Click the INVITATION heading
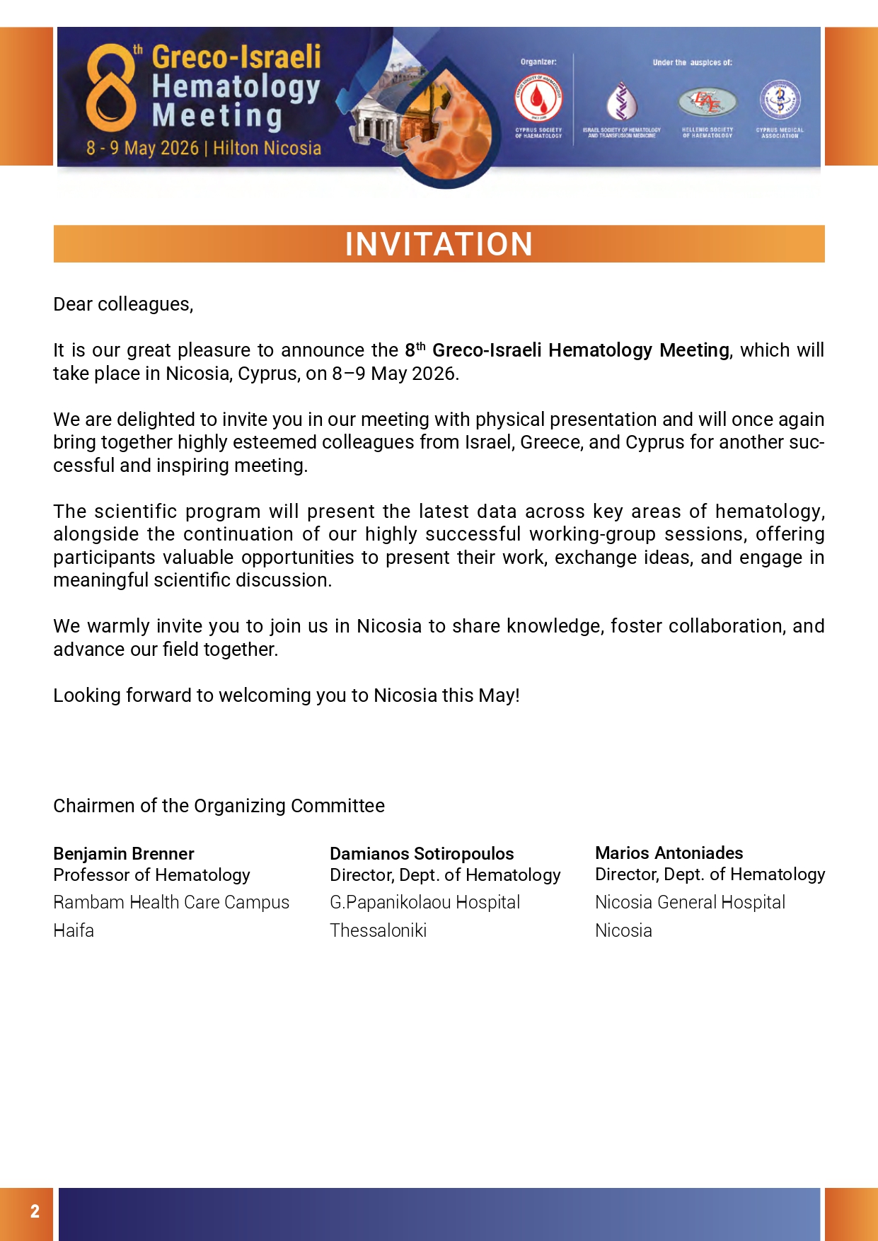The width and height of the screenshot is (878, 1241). [x=439, y=244]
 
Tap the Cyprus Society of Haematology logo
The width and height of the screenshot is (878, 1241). [x=538, y=100]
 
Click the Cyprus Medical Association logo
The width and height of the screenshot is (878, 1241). [x=780, y=100]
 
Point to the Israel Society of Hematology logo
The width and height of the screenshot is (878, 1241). [x=622, y=100]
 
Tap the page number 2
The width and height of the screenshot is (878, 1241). [x=35, y=1211]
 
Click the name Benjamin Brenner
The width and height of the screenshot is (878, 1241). [x=124, y=853]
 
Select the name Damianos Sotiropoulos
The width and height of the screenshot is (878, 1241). [x=422, y=853]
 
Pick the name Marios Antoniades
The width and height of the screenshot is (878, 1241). [x=669, y=853]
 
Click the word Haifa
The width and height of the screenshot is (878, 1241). [x=74, y=930]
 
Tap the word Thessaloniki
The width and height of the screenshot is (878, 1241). [x=378, y=930]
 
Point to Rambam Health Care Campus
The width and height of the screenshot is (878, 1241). [x=171, y=902]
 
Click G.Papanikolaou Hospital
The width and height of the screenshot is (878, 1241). [x=424, y=902]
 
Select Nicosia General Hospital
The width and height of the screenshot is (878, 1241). [x=690, y=902]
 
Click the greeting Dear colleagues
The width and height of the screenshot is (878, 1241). [x=123, y=304]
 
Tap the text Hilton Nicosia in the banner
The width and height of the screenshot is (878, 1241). [x=267, y=148]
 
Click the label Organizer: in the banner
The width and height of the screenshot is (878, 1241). [x=538, y=62]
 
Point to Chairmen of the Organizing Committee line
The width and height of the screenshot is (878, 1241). [x=219, y=806]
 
